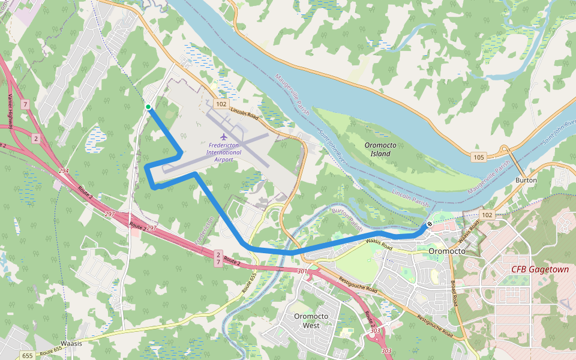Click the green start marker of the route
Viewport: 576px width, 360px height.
(x=148, y=107)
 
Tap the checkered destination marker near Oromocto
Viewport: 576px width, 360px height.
(x=430, y=224)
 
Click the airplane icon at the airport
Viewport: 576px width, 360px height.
(x=224, y=136)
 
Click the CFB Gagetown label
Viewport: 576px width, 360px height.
(x=539, y=269)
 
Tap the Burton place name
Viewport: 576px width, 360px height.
(x=526, y=180)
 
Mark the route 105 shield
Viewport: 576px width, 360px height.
(x=478, y=157)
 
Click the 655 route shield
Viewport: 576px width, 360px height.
(x=28, y=356)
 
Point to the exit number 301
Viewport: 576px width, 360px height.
(x=302, y=271)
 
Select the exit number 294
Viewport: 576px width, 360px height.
(x=64, y=172)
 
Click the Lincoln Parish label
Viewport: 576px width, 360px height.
(x=411, y=200)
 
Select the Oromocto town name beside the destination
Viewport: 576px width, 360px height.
(x=447, y=251)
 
